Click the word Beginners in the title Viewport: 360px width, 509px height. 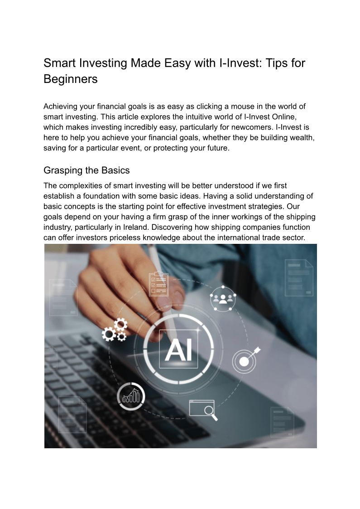point(70,78)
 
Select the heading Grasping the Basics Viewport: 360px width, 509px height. point(86,170)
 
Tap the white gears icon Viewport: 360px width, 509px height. point(115,330)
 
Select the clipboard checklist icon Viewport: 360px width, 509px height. point(158,283)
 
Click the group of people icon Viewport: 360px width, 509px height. point(223,298)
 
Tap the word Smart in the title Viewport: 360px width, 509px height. point(61,63)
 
